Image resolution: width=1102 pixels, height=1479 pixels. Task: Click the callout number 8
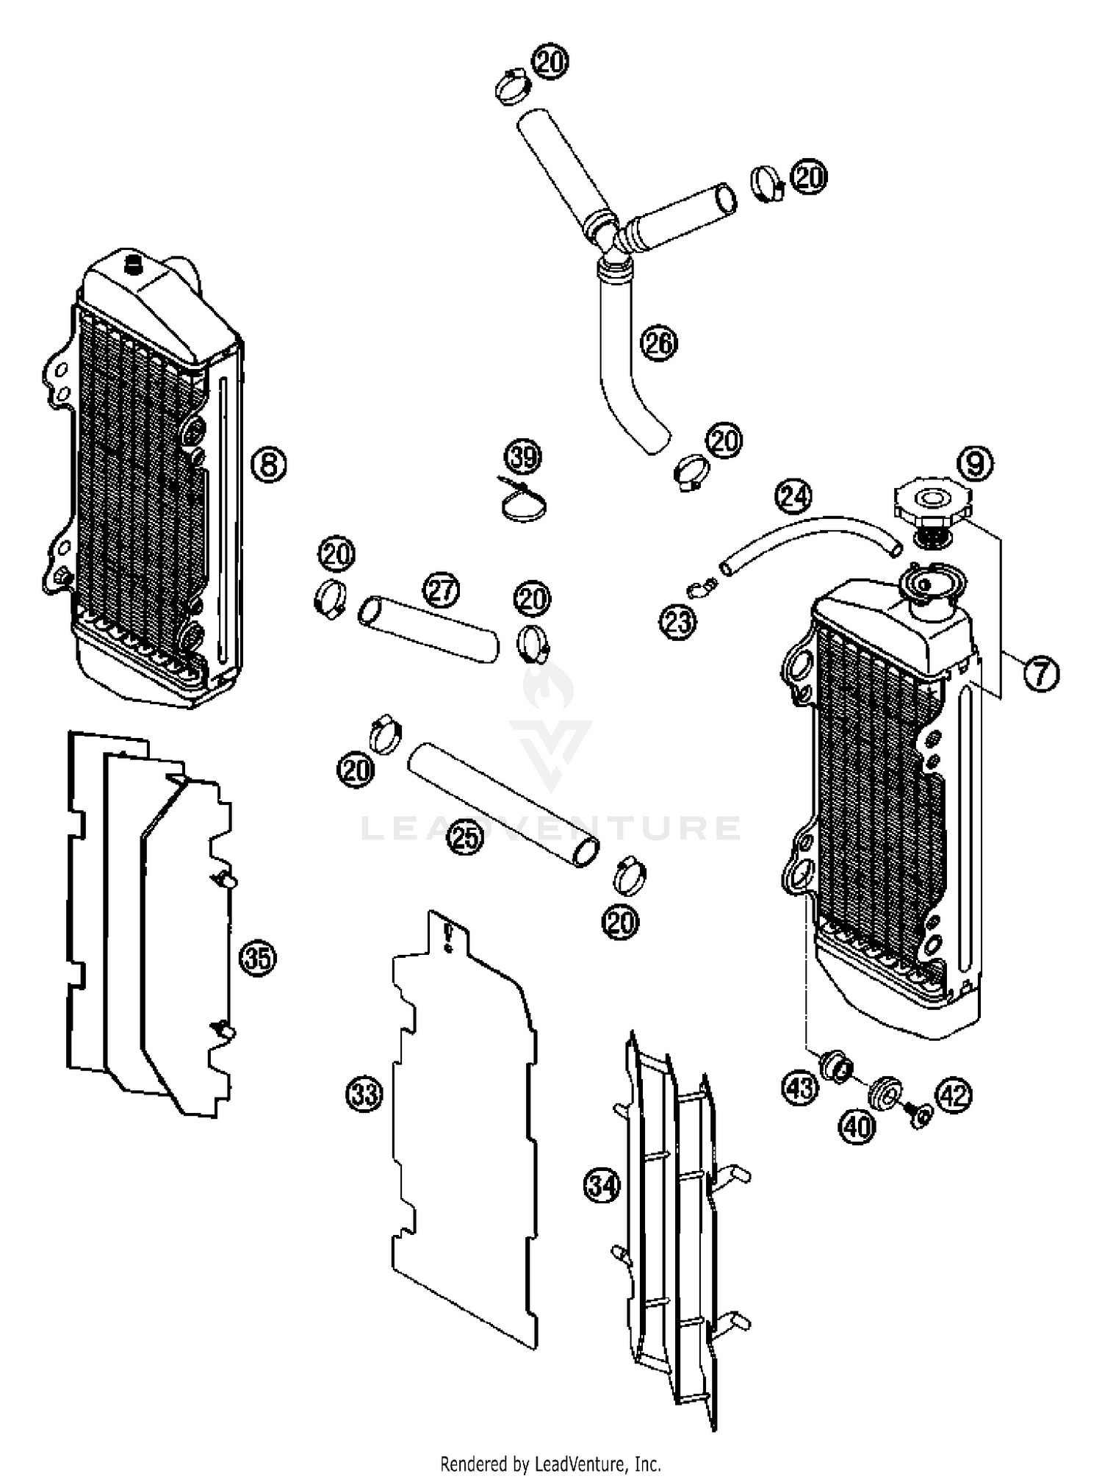coord(269,464)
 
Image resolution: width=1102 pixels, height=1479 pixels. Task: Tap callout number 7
coord(1041,673)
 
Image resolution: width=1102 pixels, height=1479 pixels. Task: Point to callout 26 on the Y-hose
coord(658,343)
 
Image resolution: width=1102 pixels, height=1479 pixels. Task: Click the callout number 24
coord(794,496)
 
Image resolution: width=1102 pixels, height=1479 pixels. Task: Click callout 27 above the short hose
coord(442,590)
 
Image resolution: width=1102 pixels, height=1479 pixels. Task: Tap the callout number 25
coord(465,837)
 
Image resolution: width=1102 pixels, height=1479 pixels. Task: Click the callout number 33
coord(364,1094)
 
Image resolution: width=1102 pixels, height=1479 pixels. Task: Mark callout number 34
coord(602,1186)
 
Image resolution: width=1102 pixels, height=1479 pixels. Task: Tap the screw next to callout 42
coord(920,1116)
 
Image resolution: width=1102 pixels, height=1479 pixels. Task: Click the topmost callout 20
coord(550,62)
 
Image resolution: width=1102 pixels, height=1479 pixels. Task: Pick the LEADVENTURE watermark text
coord(551,828)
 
